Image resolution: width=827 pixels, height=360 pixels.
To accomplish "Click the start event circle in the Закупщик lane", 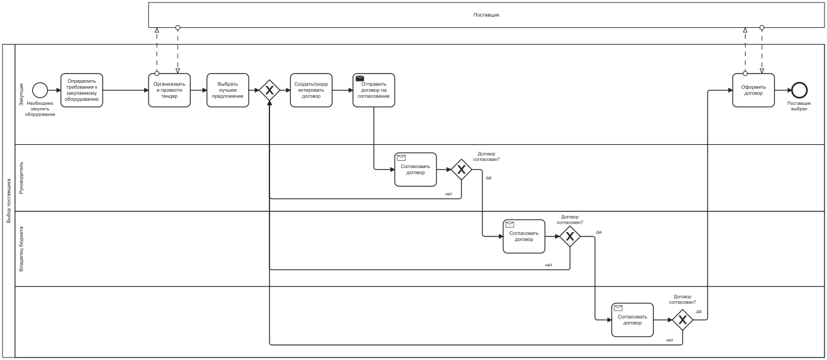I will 39,90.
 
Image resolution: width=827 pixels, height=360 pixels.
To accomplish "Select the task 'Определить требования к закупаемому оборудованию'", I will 82,90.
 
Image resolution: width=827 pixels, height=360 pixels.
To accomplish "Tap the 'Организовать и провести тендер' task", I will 169,90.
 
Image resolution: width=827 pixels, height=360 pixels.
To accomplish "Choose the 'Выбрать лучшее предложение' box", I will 227,90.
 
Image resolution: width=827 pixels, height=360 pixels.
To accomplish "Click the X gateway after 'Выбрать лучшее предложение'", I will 269,90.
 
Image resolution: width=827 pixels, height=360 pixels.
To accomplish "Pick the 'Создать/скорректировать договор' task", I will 311,90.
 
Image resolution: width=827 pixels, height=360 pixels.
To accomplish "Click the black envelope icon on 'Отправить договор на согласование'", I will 360,78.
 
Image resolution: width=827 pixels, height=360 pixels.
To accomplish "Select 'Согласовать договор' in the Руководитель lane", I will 415,169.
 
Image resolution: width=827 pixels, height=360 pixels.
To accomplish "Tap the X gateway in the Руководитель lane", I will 461,170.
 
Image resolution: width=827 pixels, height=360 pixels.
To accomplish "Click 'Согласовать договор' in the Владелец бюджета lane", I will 524,237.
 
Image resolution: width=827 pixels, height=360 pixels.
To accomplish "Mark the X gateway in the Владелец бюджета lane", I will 570,237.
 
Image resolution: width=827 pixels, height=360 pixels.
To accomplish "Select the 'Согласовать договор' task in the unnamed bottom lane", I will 633,320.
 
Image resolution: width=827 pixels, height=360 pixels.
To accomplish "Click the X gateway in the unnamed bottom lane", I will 682,320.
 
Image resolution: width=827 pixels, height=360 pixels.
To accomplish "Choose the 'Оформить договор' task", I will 753,90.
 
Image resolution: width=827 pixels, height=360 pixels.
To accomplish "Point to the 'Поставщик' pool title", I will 487,14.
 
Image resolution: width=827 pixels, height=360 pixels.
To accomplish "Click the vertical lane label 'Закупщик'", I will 21,94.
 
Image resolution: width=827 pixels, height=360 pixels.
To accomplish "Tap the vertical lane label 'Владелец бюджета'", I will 21,248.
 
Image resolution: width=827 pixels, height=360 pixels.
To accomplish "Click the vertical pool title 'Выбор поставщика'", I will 8,200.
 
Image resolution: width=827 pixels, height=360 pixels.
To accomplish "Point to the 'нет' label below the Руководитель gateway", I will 448,194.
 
